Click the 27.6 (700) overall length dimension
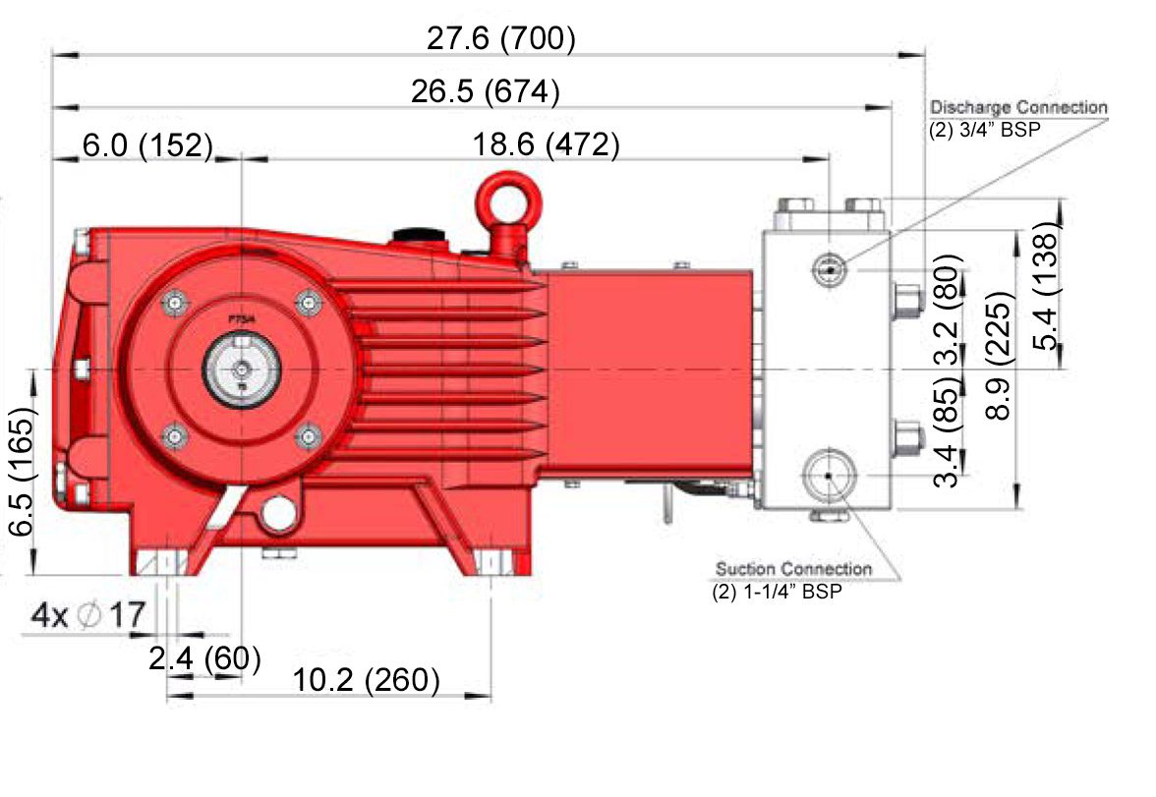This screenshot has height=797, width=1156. (500, 38)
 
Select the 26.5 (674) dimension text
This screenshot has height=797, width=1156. (486, 91)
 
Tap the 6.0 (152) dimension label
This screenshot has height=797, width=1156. (147, 145)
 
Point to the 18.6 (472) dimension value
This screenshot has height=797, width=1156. (546, 144)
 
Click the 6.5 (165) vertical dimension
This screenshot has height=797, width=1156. (20, 471)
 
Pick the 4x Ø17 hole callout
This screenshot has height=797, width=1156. (88, 615)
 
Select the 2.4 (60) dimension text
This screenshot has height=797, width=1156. (204, 658)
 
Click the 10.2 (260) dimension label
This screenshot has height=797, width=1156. (367, 680)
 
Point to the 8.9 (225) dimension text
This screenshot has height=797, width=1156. (999, 356)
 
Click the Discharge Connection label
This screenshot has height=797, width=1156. (1018, 108)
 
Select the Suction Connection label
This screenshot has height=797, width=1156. (794, 569)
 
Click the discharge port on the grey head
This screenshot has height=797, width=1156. (830, 270)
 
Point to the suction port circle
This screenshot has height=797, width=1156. (830, 476)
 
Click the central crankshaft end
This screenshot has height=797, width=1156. (241, 370)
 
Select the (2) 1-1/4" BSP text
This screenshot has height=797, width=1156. (777, 592)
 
